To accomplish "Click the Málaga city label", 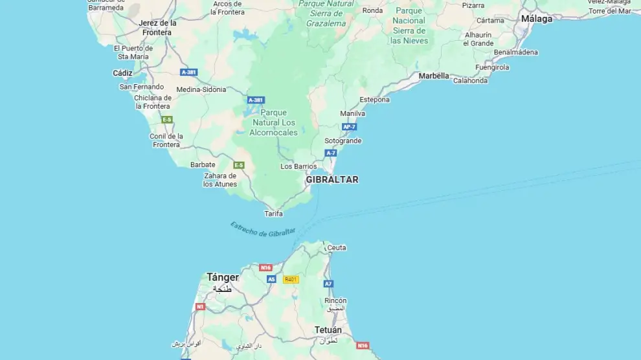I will click(537, 19).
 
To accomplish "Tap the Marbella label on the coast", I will click(433, 76).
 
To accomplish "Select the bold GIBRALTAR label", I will click(332, 179).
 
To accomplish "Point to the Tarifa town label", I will click(274, 214).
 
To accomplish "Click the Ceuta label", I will click(337, 247).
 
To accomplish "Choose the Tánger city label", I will click(223, 277).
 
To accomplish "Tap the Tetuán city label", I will click(328, 330).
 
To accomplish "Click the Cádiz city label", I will click(122, 73).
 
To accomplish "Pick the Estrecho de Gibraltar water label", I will click(262, 229).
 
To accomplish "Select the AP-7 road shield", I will click(350, 127).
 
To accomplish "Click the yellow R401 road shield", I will click(291, 280).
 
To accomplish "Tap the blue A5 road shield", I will click(271, 280).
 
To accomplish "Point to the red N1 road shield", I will click(200, 306).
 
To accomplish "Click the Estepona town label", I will click(375, 100).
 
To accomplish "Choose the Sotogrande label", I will click(343, 141).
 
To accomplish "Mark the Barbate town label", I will click(203, 164).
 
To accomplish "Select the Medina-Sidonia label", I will click(201, 89).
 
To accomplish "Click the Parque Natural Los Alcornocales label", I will click(273, 122).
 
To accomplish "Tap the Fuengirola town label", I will click(492, 67).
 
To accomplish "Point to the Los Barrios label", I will click(298, 166).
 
